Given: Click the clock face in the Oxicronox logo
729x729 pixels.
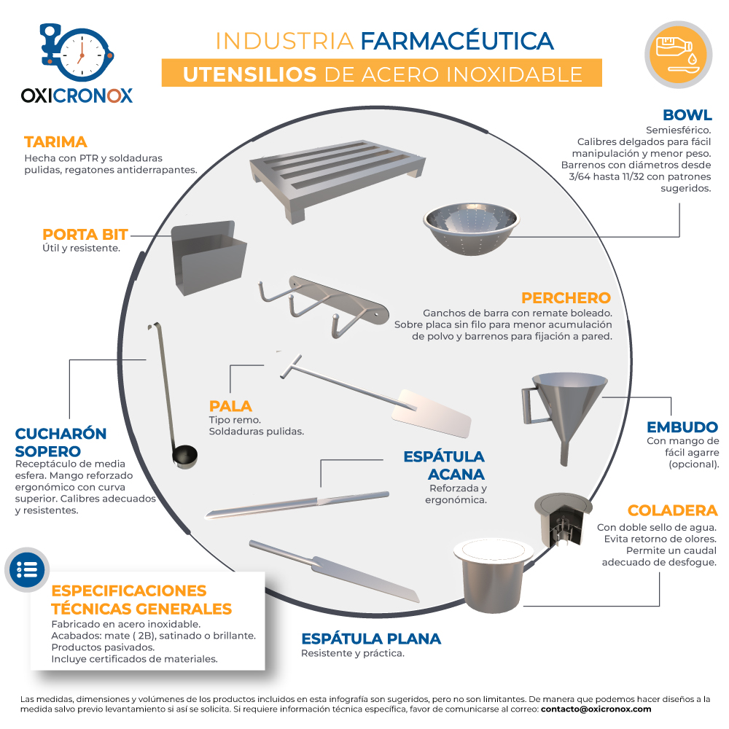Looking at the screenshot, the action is (82, 55).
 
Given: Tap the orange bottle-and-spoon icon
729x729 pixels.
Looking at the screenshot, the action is (678, 55).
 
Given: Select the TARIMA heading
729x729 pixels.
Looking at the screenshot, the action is (56, 142).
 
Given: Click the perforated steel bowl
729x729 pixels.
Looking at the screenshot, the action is (472, 227).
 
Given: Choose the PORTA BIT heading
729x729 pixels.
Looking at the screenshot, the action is (85, 234).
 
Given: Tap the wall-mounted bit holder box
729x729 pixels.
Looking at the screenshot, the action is (208, 257).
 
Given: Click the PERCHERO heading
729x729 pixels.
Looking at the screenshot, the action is (566, 297).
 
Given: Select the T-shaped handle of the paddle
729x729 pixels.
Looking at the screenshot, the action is (291, 367).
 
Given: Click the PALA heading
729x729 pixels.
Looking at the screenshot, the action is (230, 406).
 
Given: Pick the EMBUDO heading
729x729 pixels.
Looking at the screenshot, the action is (682, 426).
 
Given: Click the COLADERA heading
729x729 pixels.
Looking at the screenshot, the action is (673, 510).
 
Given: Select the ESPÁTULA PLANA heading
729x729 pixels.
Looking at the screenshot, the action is (371, 639).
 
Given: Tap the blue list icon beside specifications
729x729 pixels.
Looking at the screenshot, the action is (27, 569).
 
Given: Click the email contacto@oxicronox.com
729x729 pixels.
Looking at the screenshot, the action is (596, 709).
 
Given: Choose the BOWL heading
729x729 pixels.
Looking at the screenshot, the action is (687, 115).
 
